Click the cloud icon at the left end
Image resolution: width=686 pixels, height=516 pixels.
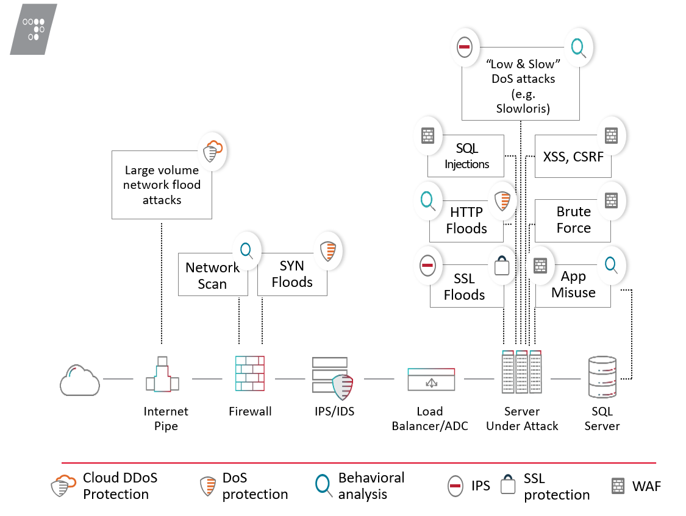tap(79, 380)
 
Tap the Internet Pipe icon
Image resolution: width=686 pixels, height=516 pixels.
tap(162, 373)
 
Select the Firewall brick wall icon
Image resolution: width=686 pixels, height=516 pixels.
tap(250, 373)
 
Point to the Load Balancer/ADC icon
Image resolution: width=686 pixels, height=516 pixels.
tap(432, 379)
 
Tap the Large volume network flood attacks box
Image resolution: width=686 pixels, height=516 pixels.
tap(162, 185)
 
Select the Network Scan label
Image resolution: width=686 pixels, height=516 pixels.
tap(212, 276)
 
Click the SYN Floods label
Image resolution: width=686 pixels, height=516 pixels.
tap(292, 274)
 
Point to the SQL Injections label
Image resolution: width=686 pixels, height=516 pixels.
tap(466, 156)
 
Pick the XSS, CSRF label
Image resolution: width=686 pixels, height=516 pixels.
tap(573, 157)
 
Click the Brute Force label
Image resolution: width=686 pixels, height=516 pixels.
tap(573, 220)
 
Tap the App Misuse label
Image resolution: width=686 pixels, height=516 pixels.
tap(573, 285)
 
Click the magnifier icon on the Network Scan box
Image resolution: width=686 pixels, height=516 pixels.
tap(246, 250)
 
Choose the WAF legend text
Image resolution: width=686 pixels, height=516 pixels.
tap(646, 486)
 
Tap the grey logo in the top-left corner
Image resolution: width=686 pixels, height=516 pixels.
tap(34, 29)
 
